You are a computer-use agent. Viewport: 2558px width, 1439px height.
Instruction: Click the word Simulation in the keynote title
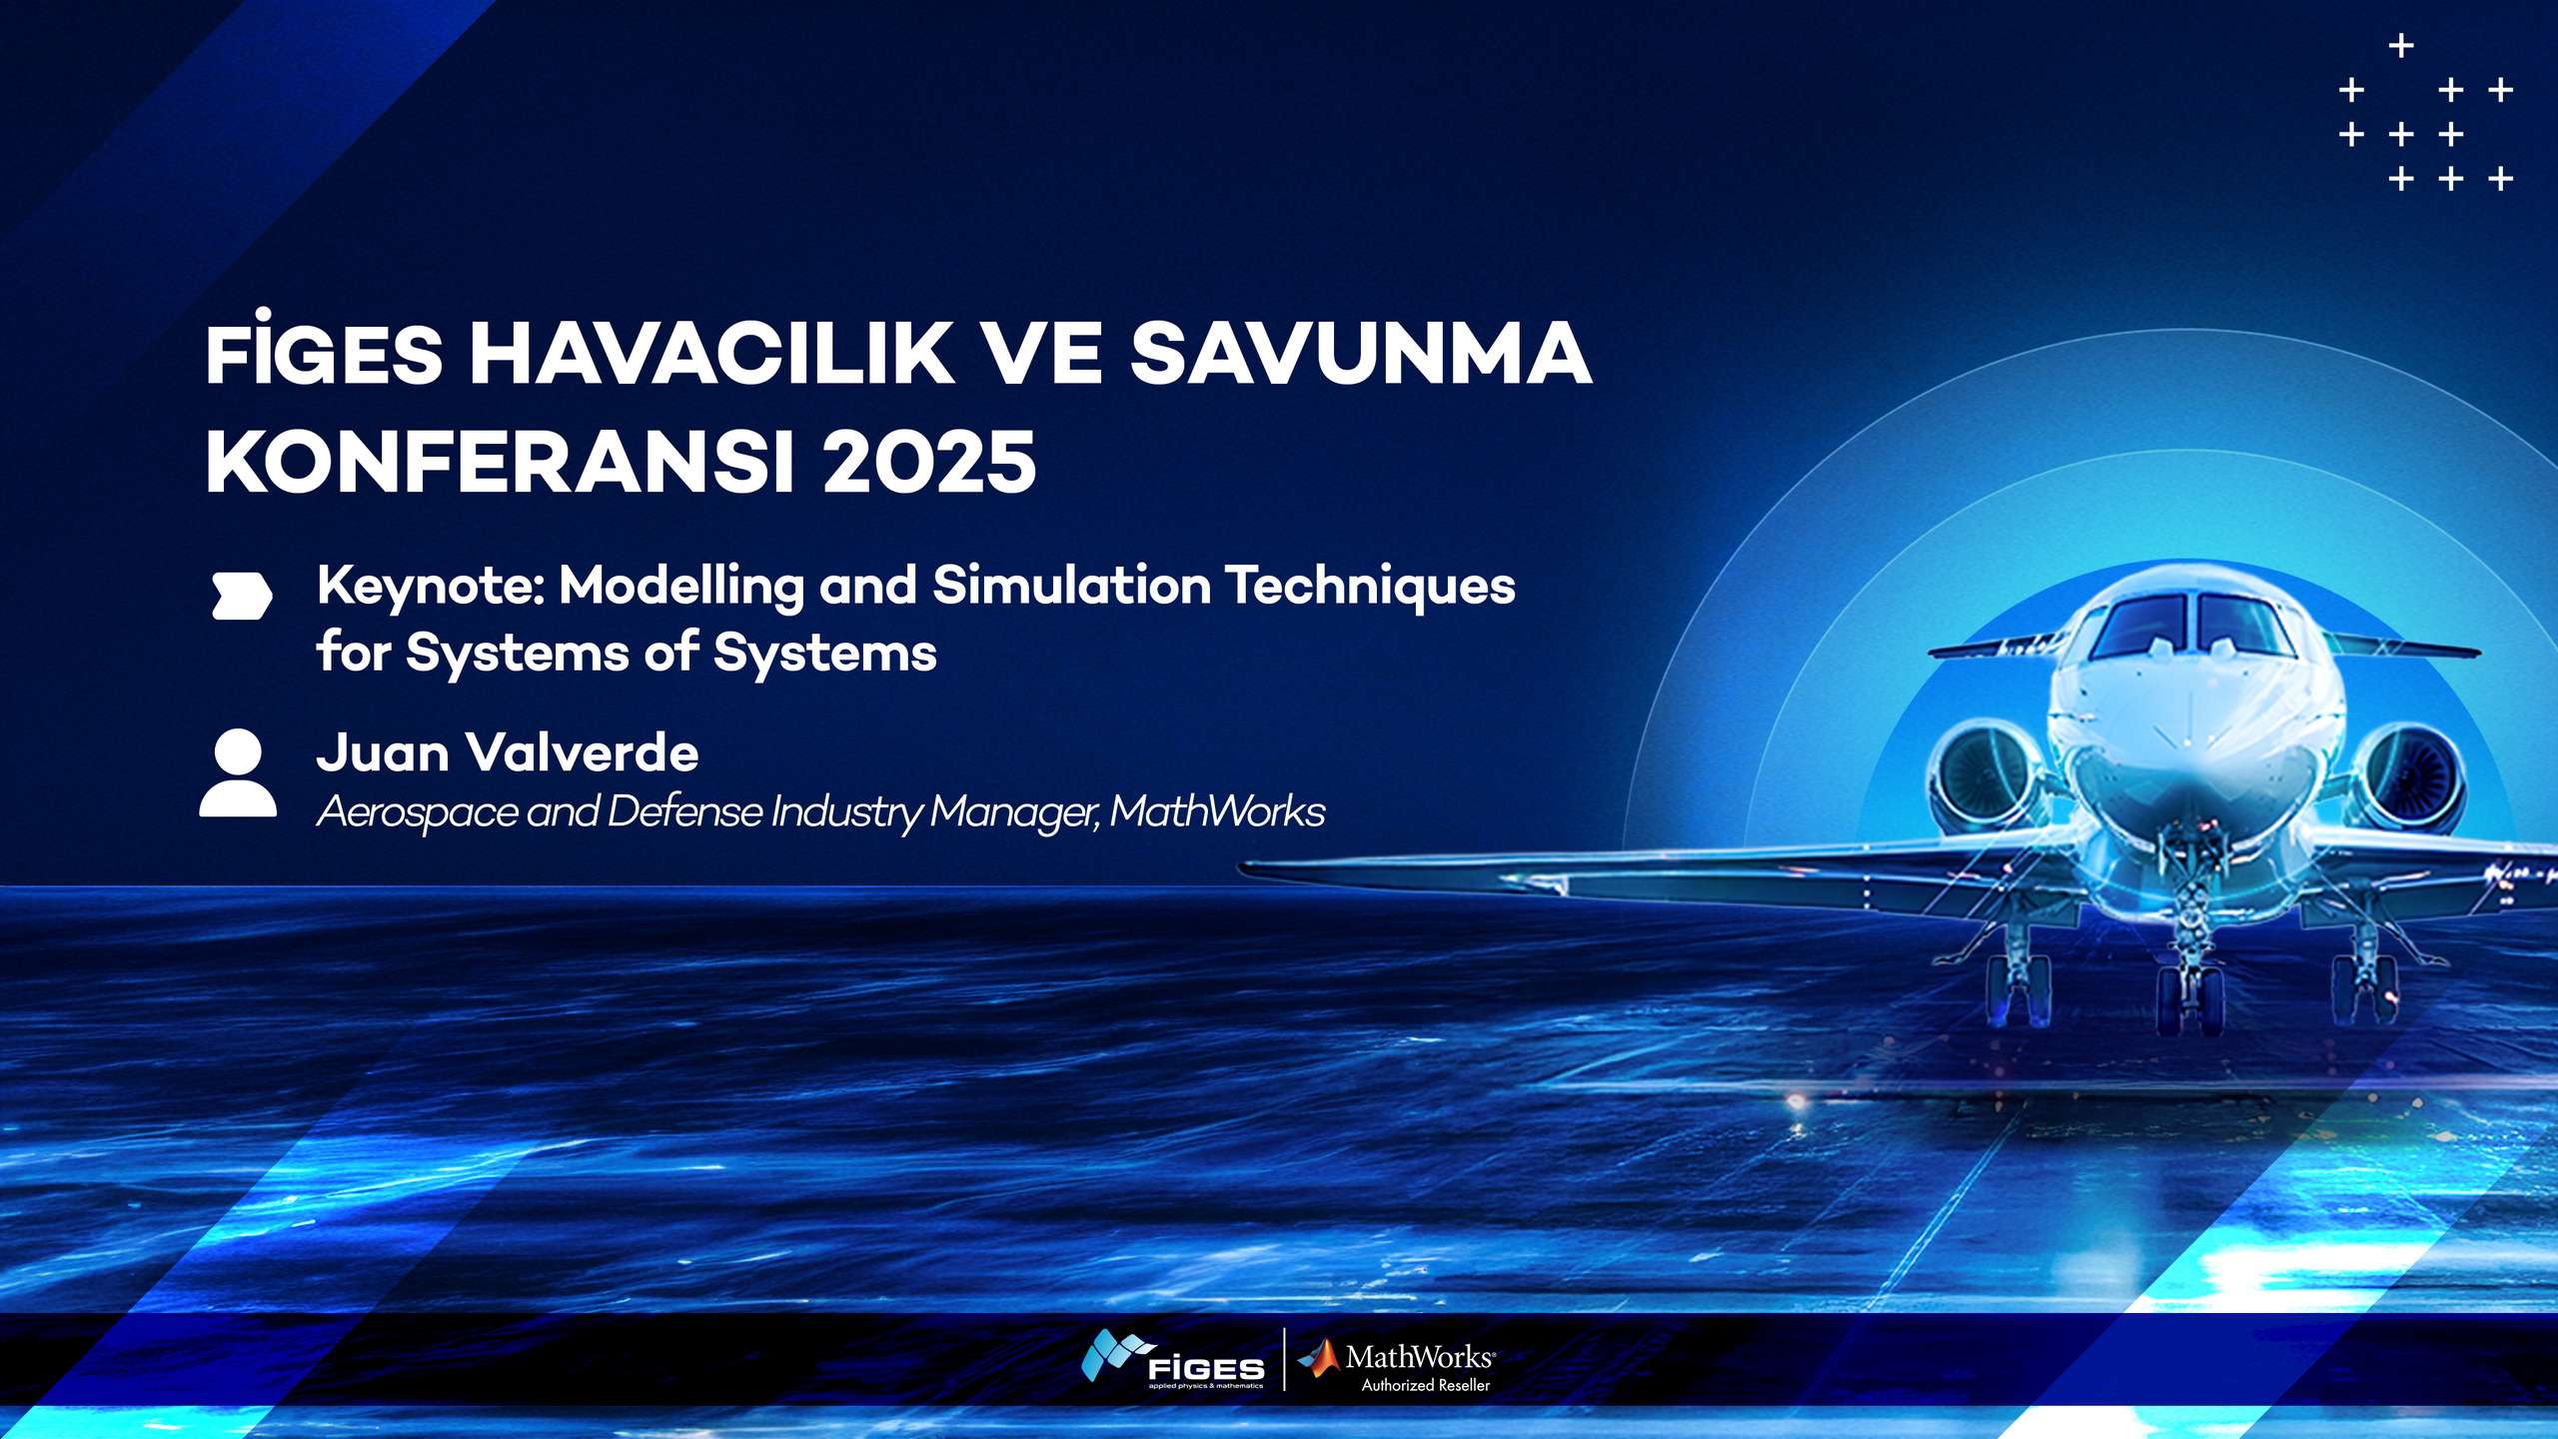point(1071,585)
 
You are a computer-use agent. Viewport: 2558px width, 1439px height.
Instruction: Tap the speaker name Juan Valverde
point(508,752)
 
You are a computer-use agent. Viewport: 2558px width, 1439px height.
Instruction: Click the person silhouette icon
point(238,773)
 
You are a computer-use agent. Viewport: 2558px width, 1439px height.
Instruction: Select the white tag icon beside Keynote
point(241,596)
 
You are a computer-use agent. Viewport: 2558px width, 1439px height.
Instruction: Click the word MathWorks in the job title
point(1217,811)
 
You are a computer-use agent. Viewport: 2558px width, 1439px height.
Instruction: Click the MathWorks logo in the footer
point(1396,1356)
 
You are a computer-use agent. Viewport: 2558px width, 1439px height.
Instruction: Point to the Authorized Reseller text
point(1426,1385)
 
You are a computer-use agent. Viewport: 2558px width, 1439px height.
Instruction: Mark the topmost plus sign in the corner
point(2401,46)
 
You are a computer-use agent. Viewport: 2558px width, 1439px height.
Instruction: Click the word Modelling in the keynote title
point(681,587)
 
